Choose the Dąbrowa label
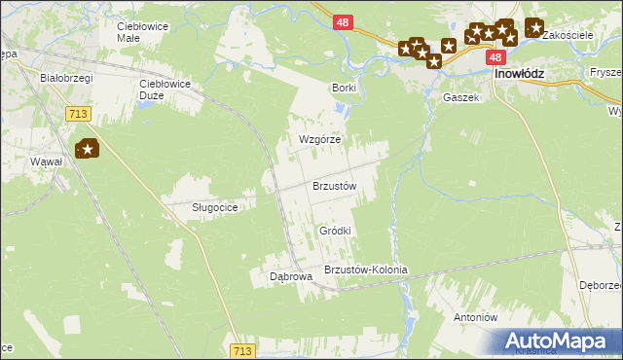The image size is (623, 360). point(291,276)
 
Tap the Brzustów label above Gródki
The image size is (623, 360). point(335,185)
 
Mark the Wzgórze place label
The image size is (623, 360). point(319,139)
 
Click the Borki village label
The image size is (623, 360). point(344,88)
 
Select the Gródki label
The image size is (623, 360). point(335,231)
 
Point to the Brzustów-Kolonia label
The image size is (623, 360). point(365,270)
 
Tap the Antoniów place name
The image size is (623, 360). point(476,318)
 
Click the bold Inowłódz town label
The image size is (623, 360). point(519,74)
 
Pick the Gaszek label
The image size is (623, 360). point(460,98)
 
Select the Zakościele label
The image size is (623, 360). point(568,34)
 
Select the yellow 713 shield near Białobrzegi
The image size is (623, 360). point(80,115)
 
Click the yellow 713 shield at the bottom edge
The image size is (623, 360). point(244,350)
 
